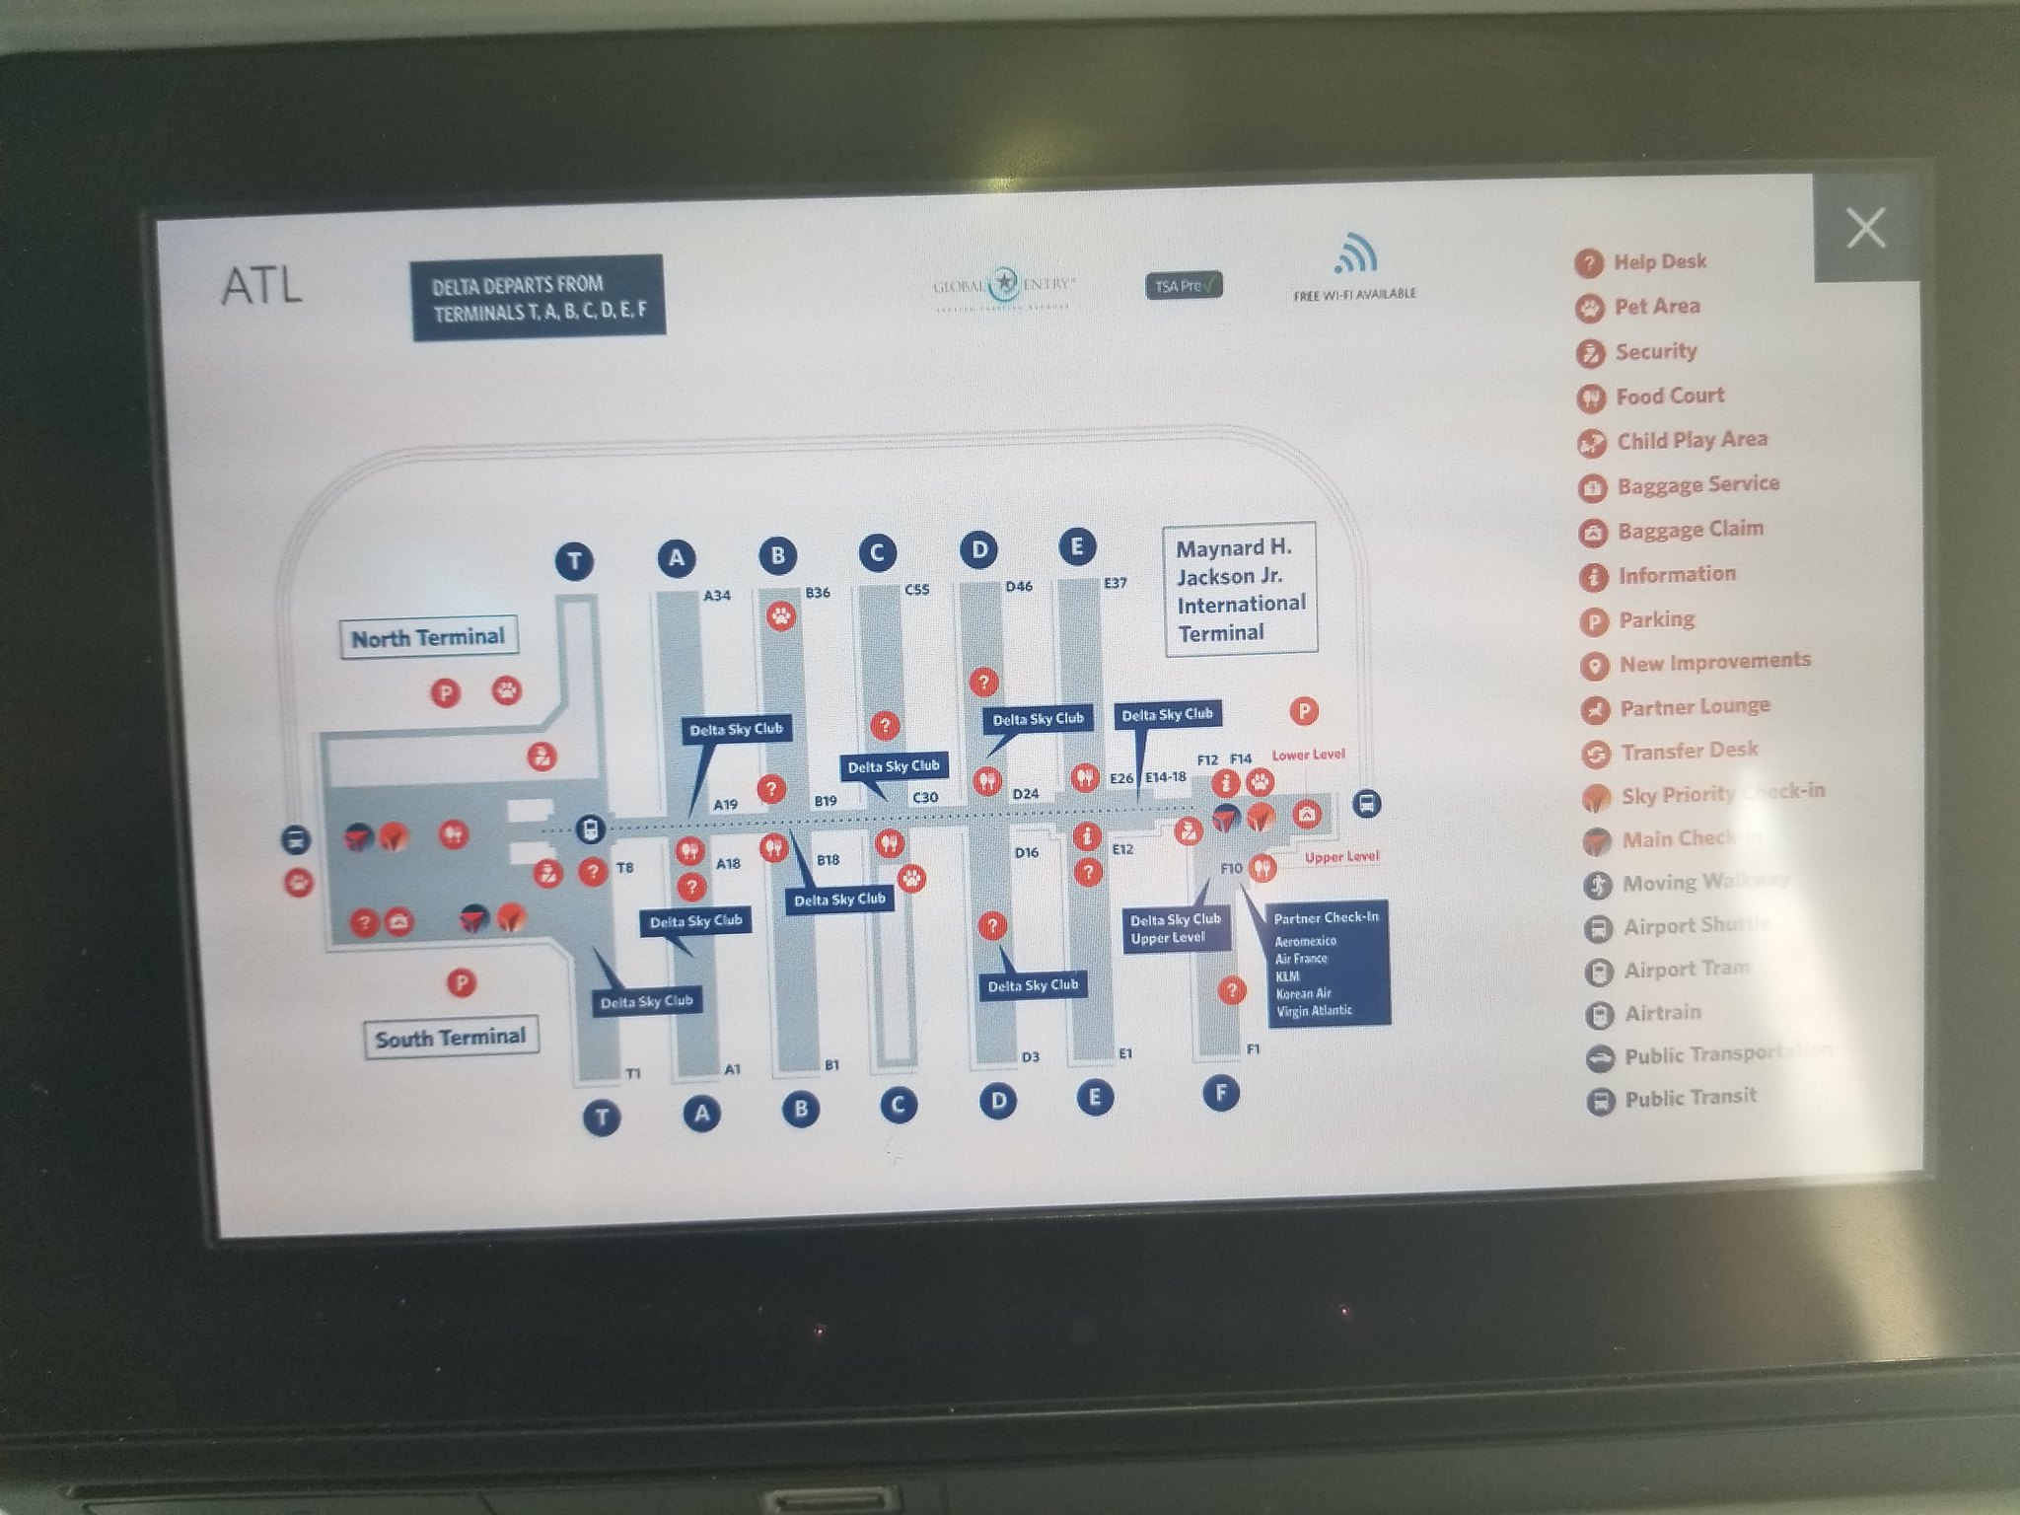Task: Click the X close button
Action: (x=1865, y=228)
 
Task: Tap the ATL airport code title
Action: (x=261, y=286)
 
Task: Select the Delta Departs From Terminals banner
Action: (x=539, y=298)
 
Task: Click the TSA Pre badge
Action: (x=1184, y=285)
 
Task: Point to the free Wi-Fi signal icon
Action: (x=1354, y=253)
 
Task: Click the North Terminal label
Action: (x=428, y=637)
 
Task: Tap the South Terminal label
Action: (x=451, y=1038)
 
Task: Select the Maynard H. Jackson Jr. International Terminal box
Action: (x=1240, y=589)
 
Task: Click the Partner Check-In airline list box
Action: (x=1328, y=963)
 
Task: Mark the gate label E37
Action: (x=1115, y=583)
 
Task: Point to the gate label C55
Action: (x=916, y=590)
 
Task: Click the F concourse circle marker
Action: (x=1221, y=1093)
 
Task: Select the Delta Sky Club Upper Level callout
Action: (x=1176, y=928)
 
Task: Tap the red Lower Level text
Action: (x=1308, y=755)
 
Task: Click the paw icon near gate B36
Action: (x=781, y=617)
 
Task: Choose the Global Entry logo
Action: (x=1004, y=286)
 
